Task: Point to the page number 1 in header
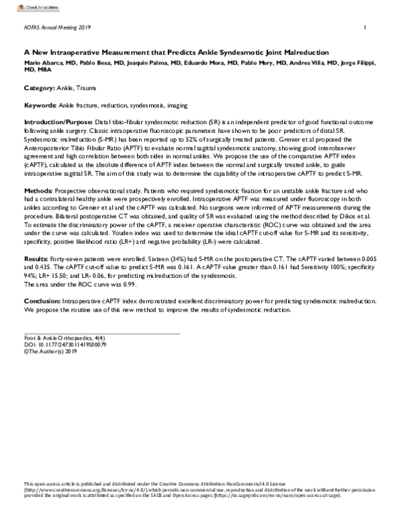pyautogui.click(x=364, y=28)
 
